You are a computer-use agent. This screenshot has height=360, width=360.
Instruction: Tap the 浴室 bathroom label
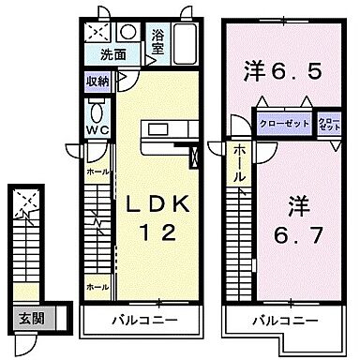pos(160,43)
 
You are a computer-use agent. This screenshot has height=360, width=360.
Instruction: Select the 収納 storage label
pos(98,82)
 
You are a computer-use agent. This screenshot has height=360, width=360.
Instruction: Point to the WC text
pos(97,130)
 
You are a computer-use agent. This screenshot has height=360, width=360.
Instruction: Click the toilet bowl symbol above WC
pos(97,109)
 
